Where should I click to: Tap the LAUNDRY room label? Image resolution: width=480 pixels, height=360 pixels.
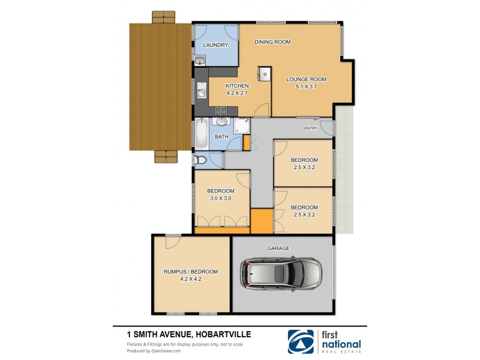click(x=215, y=45)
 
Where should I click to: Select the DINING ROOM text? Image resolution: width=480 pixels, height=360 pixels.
click(x=272, y=42)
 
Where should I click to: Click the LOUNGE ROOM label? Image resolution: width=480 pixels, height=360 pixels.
click(x=306, y=79)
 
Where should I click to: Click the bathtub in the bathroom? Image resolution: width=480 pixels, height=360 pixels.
click(x=201, y=133)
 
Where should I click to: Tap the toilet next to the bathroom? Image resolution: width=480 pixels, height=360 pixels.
click(x=200, y=160)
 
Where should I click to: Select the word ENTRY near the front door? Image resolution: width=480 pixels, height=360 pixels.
click(x=311, y=128)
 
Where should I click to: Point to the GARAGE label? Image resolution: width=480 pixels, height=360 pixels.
click(x=279, y=247)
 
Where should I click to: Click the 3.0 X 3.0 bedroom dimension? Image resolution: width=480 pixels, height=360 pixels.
click(x=221, y=198)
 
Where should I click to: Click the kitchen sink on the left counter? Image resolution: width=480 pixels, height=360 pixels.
click(x=202, y=92)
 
